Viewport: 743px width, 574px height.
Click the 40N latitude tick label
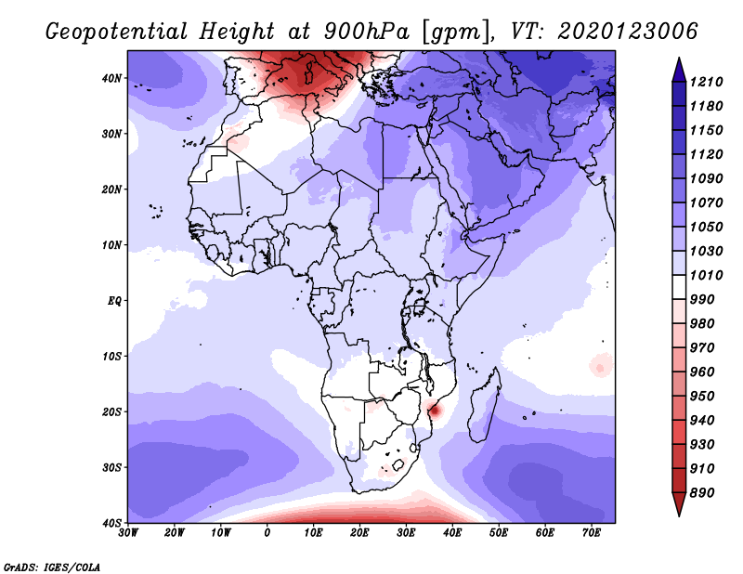click(x=111, y=78)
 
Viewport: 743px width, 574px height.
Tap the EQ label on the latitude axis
click(x=114, y=301)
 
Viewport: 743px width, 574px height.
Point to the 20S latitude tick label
click(x=111, y=411)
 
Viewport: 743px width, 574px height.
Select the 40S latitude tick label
click(x=111, y=523)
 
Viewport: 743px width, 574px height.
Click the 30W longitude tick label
click(x=128, y=533)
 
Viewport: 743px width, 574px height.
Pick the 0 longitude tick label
click(x=267, y=533)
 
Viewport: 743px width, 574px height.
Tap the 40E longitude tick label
click(x=452, y=533)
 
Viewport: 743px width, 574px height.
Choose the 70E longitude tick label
click(x=592, y=533)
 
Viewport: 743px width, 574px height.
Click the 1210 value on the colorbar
click(x=706, y=82)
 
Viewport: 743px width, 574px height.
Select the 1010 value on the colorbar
click(x=706, y=275)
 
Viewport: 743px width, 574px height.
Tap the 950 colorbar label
click(x=701, y=397)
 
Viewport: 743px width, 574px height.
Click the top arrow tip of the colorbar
click(x=679, y=58)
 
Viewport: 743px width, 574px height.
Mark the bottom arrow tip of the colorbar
click(x=679, y=515)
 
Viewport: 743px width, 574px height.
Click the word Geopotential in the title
click(x=117, y=33)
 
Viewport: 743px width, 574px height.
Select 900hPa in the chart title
click(x=366, y=32)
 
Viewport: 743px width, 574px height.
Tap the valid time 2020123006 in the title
click(x=628, y=32)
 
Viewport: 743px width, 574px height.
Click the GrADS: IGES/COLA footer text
click(x=52, y=567)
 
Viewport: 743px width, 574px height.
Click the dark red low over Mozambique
click(x=435, y=410)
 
